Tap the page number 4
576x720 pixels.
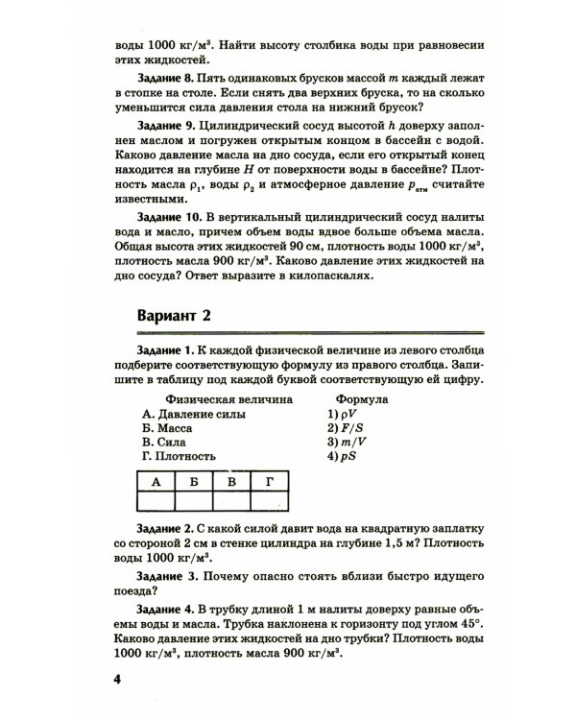click(x=118, y=680)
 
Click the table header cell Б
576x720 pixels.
click(x=194, y=482)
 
